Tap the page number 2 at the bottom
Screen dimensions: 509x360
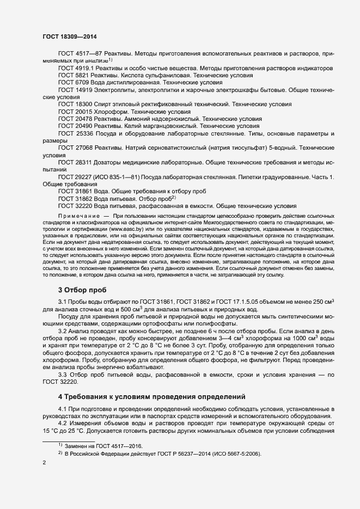click(44, 463)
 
